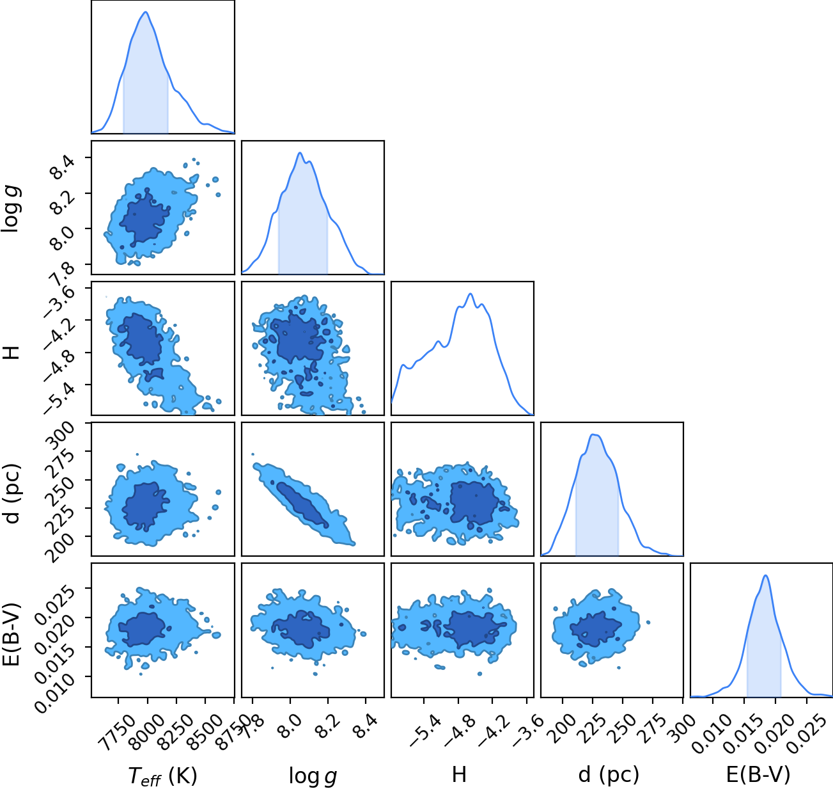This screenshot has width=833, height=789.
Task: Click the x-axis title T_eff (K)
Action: click(x=163, y=776)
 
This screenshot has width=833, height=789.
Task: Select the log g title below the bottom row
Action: click(x=313, y=776)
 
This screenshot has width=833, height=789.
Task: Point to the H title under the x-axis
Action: click(x=459, y=774)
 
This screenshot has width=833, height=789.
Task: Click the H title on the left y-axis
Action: click(x=12, y=352)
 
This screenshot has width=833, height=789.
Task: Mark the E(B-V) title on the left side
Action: click(x=12, y=634)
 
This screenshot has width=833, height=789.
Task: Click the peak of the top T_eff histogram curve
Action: click(x=146, y=12)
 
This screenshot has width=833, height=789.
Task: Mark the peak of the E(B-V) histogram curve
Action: click(x=766, y=576)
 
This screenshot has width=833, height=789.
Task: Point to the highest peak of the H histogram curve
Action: click(x=471, y=294)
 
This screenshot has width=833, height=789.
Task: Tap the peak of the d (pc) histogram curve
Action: click(x=594, y=434)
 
